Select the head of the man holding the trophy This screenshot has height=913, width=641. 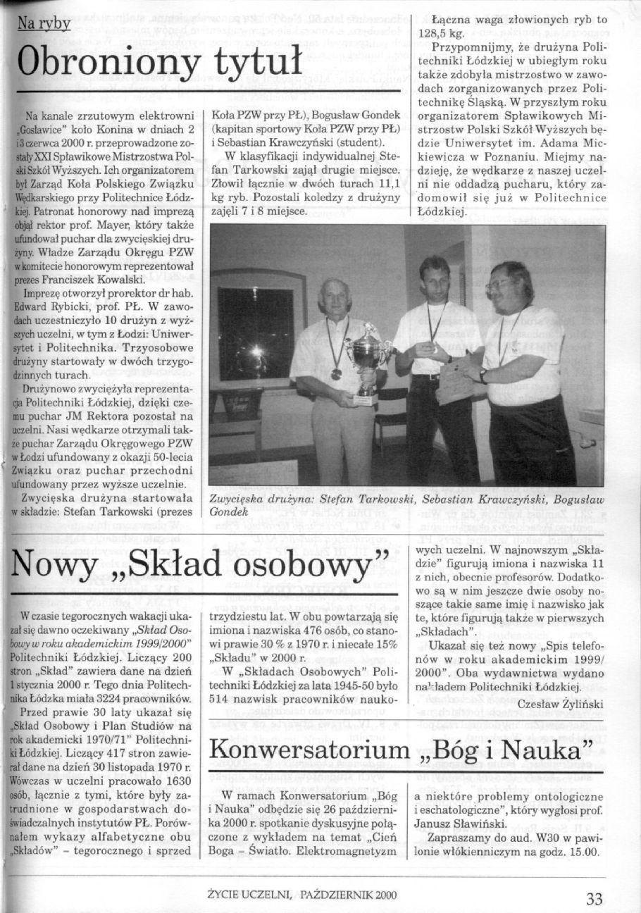(x=335, y=297)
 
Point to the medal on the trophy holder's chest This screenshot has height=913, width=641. (x=336, y=373)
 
